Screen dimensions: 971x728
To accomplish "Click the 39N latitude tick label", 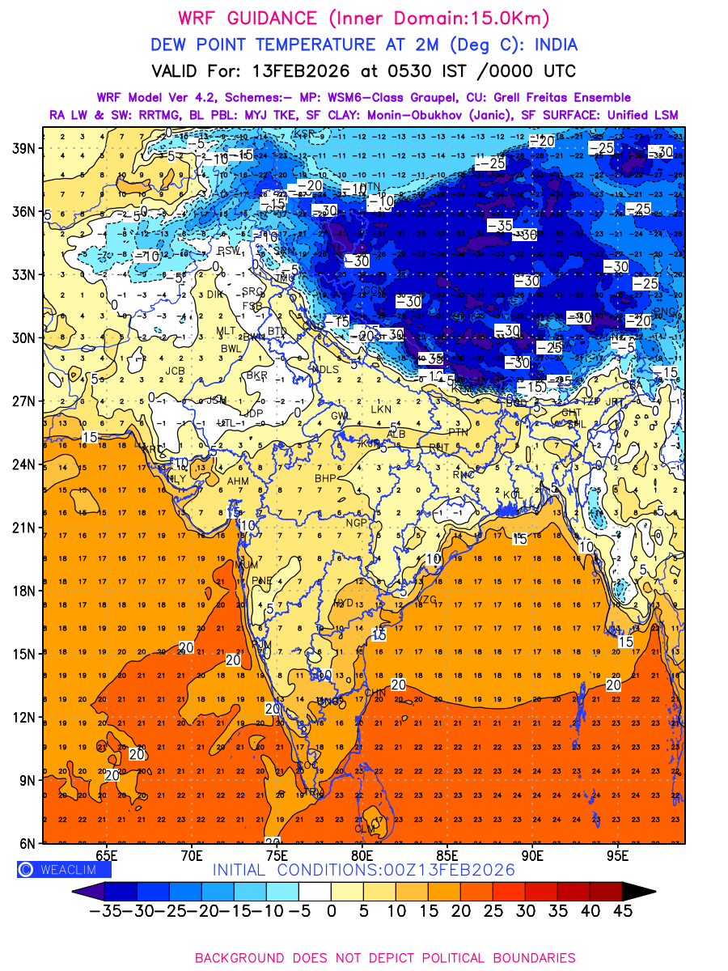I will [x=21, y=148].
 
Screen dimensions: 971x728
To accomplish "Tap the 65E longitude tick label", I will [x=107, y=856].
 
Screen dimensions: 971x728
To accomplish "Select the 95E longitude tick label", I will [x=618, y=856].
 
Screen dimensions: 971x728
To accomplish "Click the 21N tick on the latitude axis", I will [x=21, y=528].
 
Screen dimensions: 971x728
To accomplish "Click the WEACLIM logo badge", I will [x=64, y=870].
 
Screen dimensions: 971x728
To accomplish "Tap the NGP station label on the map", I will [x=357, y=523].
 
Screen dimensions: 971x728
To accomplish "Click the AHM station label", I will [x=238, y=481].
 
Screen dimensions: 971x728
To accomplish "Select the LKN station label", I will [x=380, y=409].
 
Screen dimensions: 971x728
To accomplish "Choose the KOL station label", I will [x=513, y=494].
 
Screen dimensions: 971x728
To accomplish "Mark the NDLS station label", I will [x=325, y=369].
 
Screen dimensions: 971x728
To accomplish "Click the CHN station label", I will [x=375, y=693].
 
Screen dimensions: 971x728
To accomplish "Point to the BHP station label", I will [x=325, y=478].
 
